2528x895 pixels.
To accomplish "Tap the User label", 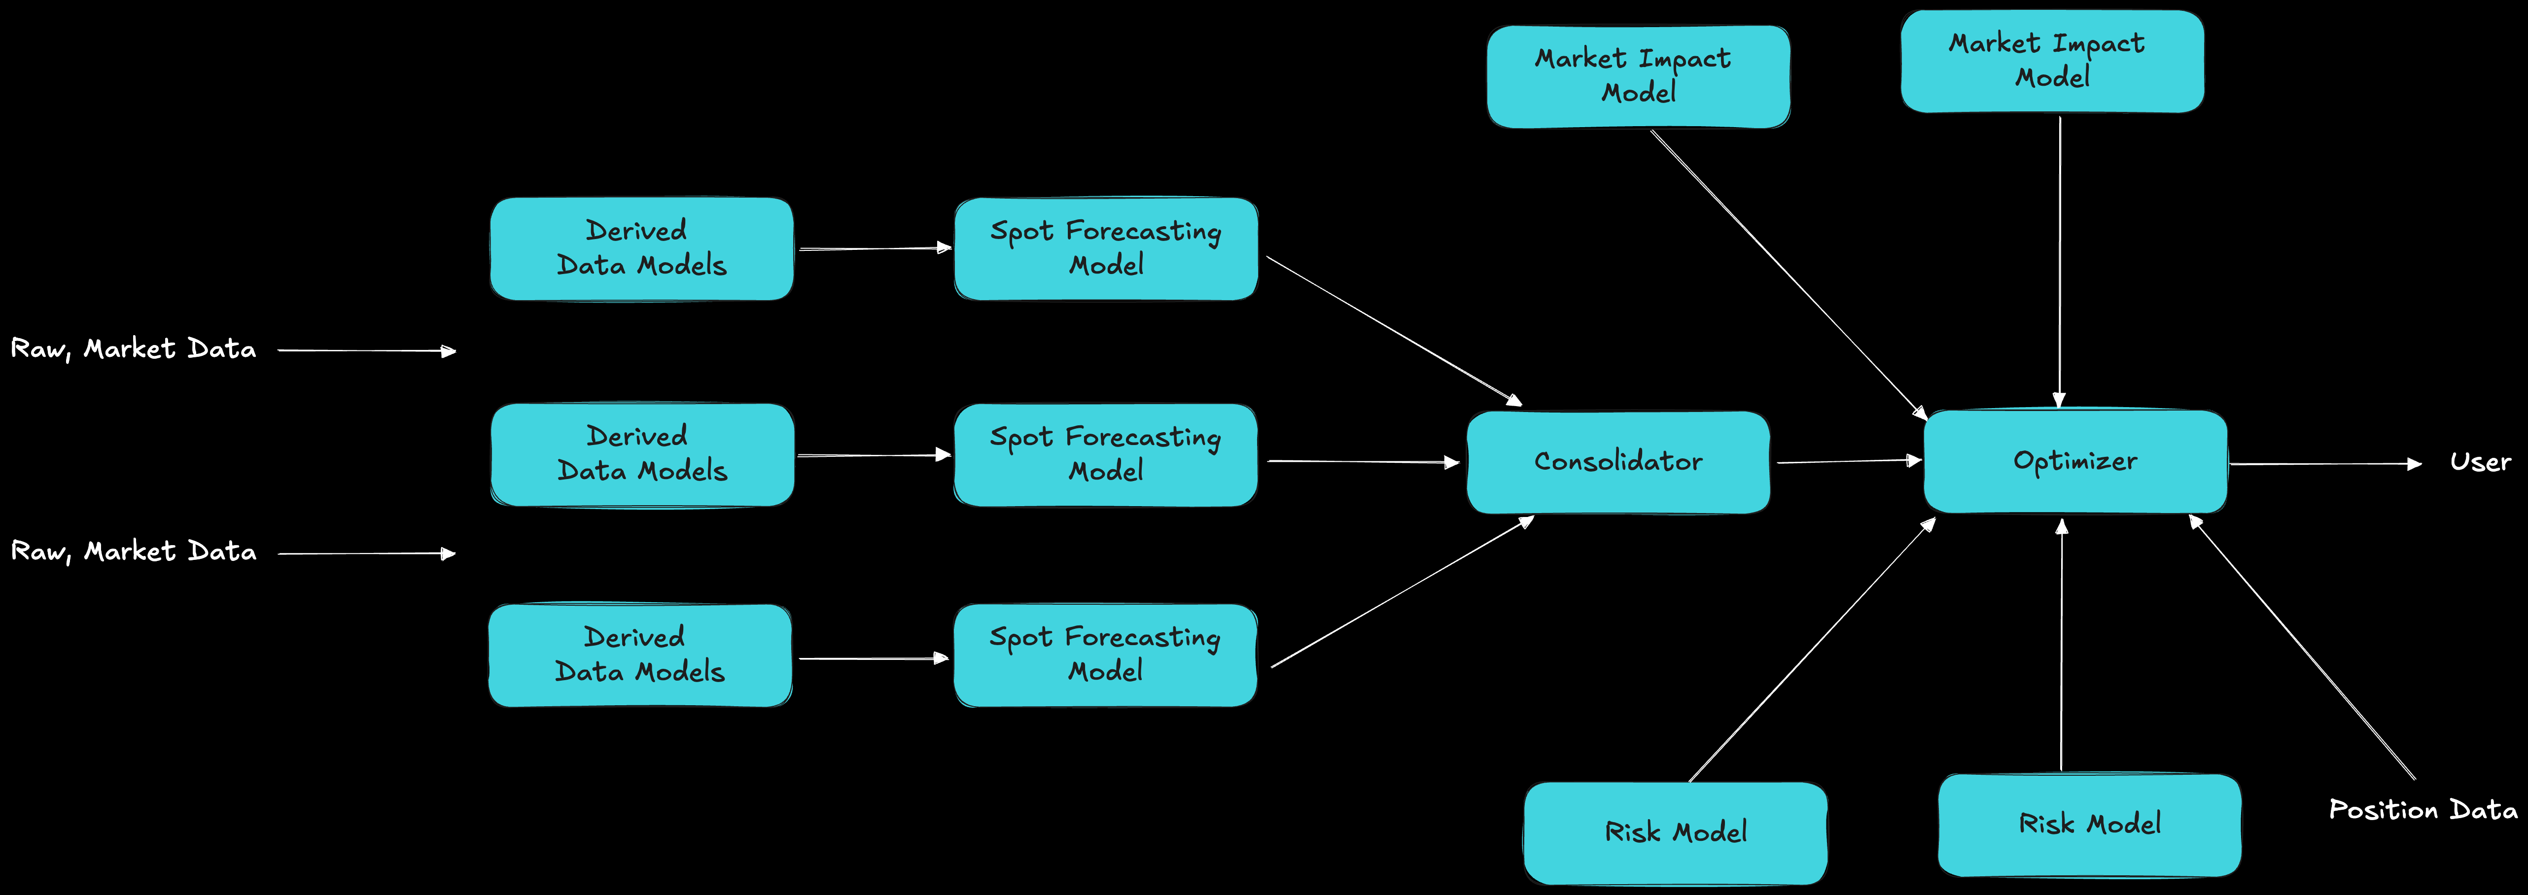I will tap(2480, 462).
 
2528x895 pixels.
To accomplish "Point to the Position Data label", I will tap(2422, 810).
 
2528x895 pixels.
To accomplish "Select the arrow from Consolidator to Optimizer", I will tap(1847, 461).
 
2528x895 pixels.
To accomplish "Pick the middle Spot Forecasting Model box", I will tap(1105, 454).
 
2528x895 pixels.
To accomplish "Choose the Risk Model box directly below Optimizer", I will tap(2089, 825).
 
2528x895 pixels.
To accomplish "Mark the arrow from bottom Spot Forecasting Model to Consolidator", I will tap(1402, 593).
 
